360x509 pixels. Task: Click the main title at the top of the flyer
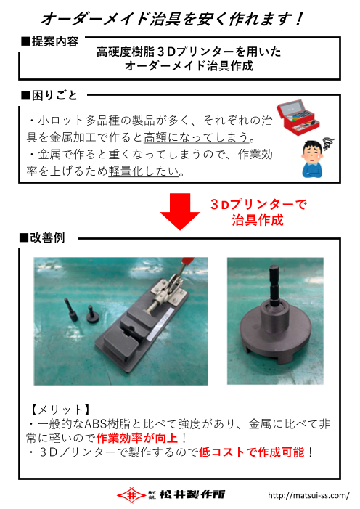click(x=172, y=17)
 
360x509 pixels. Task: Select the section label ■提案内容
click(x=51, y=41)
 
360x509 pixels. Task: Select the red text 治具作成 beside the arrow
click(x=257, y=220)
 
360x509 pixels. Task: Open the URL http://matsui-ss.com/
click(x=308, y=495)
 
